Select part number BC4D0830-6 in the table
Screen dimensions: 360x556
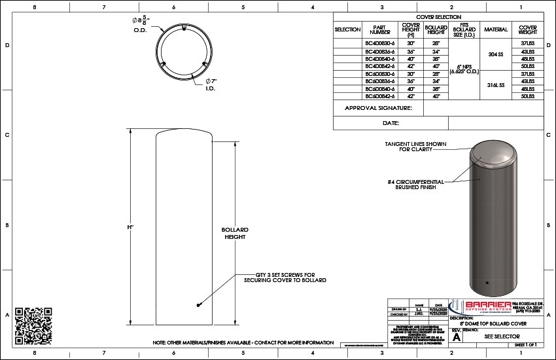coord(379,42)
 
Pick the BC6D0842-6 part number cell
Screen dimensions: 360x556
coord(379,96)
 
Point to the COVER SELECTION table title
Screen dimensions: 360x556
coord(438,17)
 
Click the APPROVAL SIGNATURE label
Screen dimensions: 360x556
coord(378,108)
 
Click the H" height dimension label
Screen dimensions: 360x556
coord(131,226)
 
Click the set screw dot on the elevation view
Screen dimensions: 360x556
coord(198,305)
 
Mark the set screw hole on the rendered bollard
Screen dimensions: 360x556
coord(487,283)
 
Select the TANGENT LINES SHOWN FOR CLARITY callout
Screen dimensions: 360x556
coord(410,145)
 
